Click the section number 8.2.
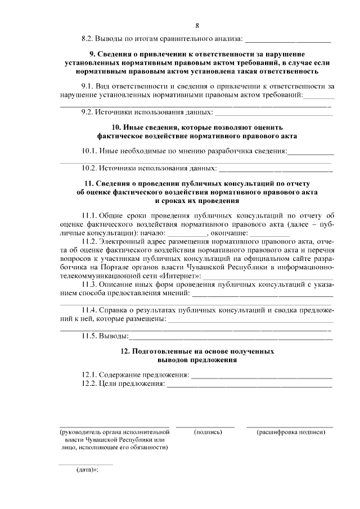[89, 39]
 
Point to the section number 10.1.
[90, 151]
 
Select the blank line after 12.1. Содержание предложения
[262, 375]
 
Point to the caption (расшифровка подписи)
[291, 432]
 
